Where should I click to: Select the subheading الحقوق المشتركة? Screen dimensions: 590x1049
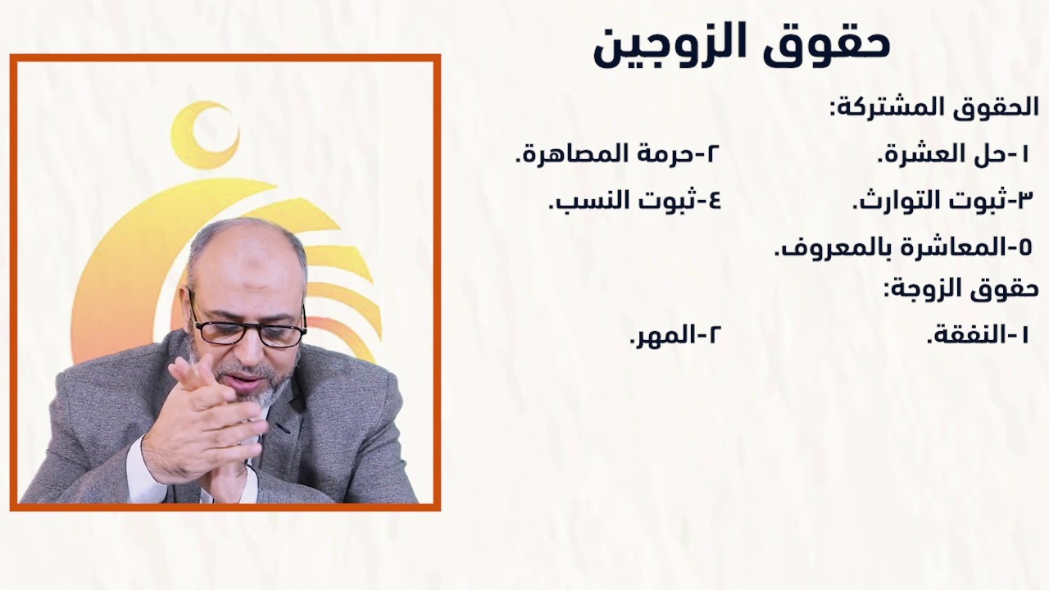pos(934,107)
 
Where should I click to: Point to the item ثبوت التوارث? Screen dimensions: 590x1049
pos(942,200)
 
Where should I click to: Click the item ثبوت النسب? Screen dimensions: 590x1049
pos(634,200)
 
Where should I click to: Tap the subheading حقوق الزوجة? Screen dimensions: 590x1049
pos(960,288)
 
